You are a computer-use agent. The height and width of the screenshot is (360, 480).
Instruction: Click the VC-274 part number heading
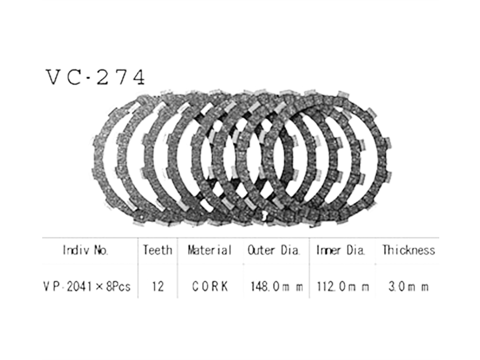[x=95, y=77]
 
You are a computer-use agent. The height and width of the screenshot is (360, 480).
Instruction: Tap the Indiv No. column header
[x=85, y=250]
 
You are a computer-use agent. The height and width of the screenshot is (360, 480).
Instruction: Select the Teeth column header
[x=157, y=250]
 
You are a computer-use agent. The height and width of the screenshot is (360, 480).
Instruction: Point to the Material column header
[x=210, y=250]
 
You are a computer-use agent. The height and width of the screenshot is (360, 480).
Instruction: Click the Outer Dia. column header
[x=273, y=250]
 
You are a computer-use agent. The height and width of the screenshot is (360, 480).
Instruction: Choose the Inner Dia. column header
[x=341, y=250]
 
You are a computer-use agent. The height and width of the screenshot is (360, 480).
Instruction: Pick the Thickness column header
[x=408, y=250]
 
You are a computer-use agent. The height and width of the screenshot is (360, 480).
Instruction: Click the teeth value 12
[x=157, y=286]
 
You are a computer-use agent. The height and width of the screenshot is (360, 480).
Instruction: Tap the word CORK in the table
[x=210, y=286]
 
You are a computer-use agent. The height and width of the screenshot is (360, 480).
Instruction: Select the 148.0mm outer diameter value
[x=277, y=286]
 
